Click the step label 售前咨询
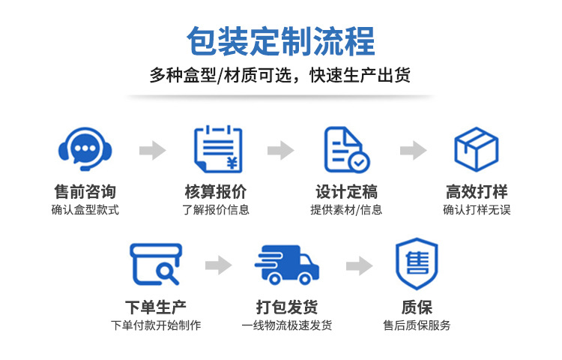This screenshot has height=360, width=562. pos(85,191)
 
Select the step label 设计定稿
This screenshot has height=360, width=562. pos(346,191)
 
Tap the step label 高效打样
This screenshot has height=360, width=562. pos(477,191)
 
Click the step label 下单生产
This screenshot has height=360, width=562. pos(156,307)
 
